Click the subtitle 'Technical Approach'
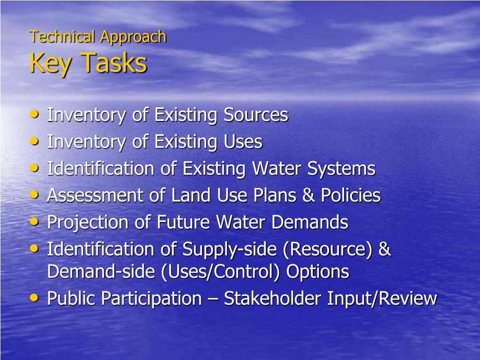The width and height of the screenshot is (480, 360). pos(97,37)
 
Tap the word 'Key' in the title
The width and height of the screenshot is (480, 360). pos(50,63)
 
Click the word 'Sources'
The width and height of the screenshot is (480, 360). pos(255,115)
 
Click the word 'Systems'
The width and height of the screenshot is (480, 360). pos(341,169)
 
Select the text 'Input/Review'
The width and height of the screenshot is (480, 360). pos(382,298)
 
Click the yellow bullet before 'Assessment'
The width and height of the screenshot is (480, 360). pos(34,194)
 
